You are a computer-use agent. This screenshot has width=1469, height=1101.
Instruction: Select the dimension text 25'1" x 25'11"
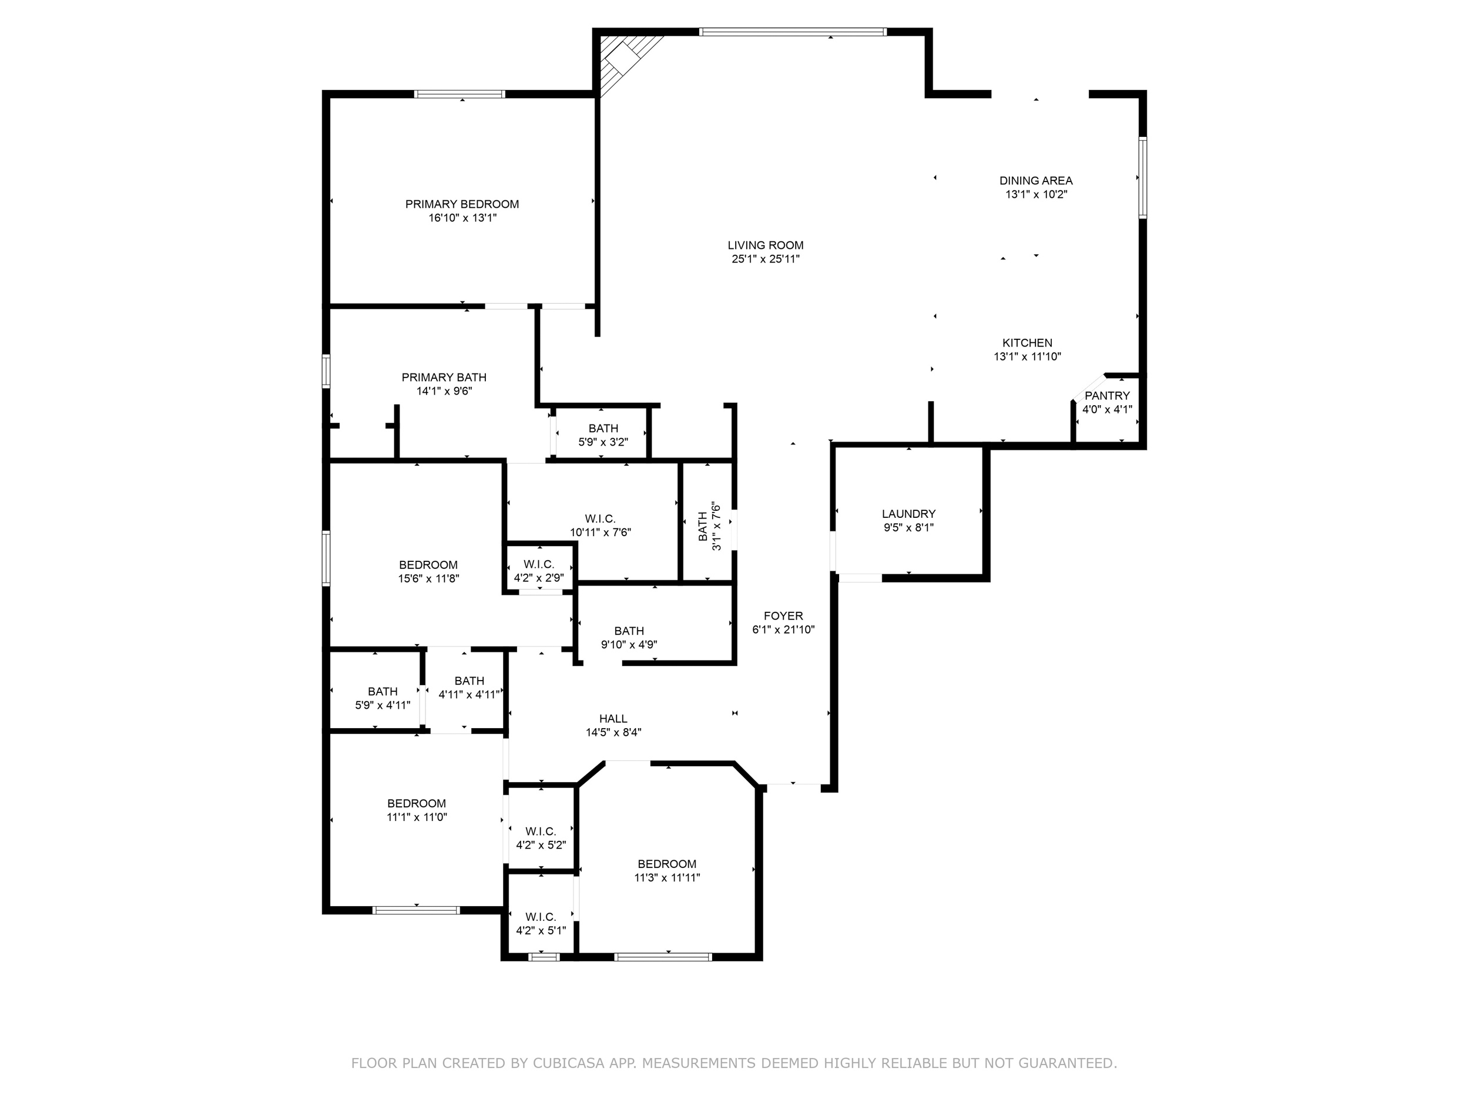pos(765,260)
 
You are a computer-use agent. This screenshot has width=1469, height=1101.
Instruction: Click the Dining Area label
pos(1035,180)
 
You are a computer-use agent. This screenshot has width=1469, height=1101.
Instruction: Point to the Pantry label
pos(1106,396)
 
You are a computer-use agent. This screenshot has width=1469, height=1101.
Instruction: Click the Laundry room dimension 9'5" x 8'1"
pos(908,528)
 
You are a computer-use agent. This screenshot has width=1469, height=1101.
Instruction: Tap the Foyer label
pos(783,616)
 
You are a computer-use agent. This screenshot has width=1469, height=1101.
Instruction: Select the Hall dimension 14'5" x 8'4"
pos(613,733)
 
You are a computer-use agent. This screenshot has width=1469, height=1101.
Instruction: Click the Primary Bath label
pos(444,377)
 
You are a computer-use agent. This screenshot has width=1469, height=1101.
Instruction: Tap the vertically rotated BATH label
pos(703,526)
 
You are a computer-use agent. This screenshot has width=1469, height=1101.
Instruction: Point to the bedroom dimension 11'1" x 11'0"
pos(417,817)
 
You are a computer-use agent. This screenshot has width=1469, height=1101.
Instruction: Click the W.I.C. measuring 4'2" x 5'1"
pos(541,924)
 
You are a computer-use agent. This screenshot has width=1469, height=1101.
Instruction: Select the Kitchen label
pos(1027,342)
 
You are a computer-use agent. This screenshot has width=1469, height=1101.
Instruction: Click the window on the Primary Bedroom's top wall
pos(460,94)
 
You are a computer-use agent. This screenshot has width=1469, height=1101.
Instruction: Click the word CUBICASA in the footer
pos(568,1063)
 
